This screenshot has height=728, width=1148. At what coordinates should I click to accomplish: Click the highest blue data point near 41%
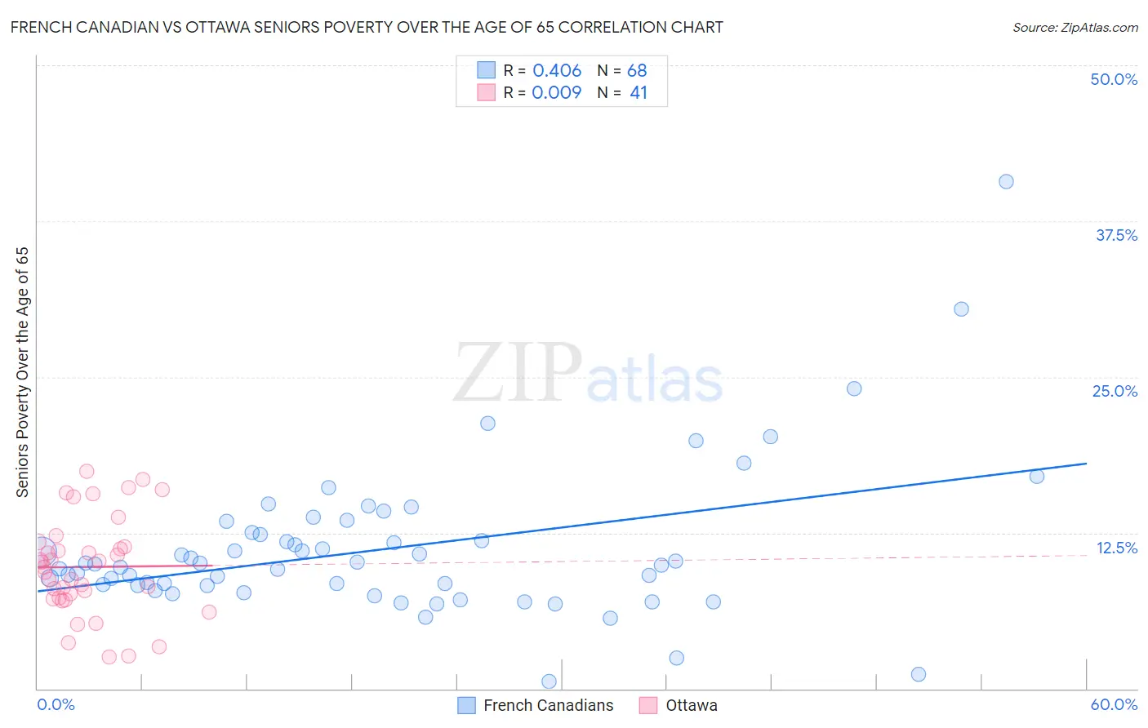1006,181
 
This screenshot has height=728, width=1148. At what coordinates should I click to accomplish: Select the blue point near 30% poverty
961,309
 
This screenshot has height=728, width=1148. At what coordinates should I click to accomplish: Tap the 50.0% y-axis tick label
1114,79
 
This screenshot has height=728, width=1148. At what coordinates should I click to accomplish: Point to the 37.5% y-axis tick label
1116,235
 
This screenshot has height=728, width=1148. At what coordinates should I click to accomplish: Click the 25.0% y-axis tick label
1115,391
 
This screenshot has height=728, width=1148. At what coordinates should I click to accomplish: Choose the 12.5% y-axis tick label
1116,548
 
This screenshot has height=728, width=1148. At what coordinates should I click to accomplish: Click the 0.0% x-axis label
56,704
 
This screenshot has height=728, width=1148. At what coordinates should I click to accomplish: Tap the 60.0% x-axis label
1114,704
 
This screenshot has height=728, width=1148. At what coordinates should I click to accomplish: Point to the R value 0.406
557,71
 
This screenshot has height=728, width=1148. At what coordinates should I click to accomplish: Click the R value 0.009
557,93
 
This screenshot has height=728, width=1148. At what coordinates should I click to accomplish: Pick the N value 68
637,71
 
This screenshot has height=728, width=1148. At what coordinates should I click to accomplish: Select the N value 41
639,93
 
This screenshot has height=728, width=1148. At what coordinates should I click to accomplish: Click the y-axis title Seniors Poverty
22,371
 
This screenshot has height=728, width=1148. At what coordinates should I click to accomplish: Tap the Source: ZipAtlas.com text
1075,28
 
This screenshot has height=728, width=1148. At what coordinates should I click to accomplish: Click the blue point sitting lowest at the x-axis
549,681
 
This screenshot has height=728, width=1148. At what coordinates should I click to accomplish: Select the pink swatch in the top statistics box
487,92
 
